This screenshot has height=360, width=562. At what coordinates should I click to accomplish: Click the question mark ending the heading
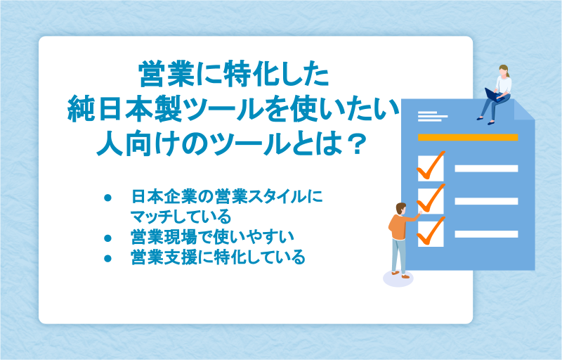(x=356, y=143)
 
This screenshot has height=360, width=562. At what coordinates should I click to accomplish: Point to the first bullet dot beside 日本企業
(x=107, y=198)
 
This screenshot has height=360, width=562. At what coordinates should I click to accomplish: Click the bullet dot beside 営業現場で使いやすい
(x=107, y=238)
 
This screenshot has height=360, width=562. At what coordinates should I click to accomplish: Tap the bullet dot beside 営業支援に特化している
(x=107, y=258)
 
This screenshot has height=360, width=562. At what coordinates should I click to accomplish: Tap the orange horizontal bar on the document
(x=468, y=137)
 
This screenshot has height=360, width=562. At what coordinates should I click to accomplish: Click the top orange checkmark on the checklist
(x=431, y=165)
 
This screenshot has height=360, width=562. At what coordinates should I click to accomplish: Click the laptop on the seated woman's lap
(x=494, y=95)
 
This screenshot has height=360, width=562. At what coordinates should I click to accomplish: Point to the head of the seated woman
(x=504, y=70)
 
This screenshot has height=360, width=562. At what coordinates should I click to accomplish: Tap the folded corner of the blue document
(x=523, y=111)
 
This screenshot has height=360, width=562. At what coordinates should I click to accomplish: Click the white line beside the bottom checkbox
(x=486, y=234)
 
